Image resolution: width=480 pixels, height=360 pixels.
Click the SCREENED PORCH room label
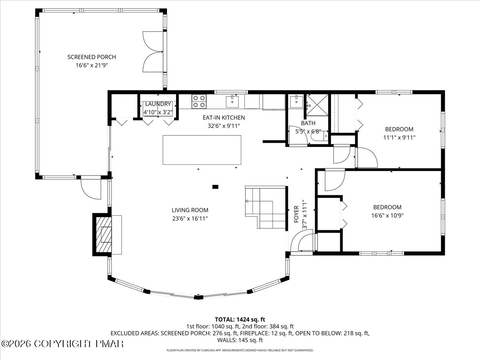(x=92, y=57)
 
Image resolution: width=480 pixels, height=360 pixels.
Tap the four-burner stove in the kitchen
(x=199, y=102)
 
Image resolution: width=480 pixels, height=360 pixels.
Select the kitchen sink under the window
(x=232, y=101)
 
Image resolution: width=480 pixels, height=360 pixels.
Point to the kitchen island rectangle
(x=202, y=150)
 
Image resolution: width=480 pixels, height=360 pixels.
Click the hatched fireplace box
(x=104, y=234)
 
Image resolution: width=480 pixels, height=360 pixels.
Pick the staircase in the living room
(x=265, y=207)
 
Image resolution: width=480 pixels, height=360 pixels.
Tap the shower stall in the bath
(x=317, y=105)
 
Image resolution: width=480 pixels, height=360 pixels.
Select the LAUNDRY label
(x=158, y=104)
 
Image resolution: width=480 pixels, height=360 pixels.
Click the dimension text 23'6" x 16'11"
(x=190, y=218)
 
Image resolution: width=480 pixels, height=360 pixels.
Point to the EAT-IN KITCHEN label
(x=224, y=118)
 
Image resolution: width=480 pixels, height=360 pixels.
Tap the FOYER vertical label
(x=296, y=214)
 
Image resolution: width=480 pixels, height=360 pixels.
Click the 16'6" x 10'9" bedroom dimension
(x=387, y=216)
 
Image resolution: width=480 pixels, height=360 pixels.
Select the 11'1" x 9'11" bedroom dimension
(x=399, y=138)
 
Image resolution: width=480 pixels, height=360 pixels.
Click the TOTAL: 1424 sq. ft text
(x=240, y=320)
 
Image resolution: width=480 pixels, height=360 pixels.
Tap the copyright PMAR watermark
(x=62, y=344)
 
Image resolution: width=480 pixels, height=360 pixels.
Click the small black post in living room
(x=215, y=187)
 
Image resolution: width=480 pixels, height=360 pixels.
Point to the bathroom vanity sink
(x=296, y=102)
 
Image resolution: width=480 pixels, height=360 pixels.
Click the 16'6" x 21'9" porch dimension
(x=92, y=65)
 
